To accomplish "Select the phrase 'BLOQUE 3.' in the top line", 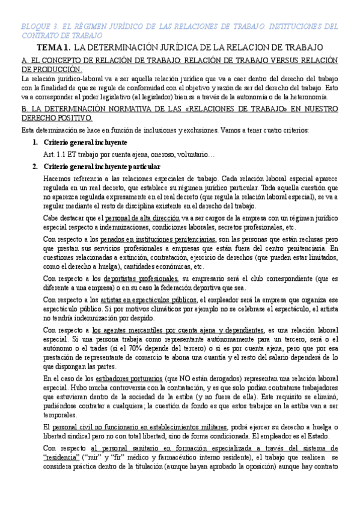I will [x=38, y=27].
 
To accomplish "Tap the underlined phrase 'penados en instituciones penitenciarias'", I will [x=158, y=239].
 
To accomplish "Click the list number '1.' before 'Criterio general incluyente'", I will [x=35, y=143].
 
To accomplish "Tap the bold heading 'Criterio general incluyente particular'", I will [x=102, y=166].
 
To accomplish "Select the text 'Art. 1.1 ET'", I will [x=64, y=155].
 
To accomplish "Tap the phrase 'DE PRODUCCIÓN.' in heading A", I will [x=51, y=70].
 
